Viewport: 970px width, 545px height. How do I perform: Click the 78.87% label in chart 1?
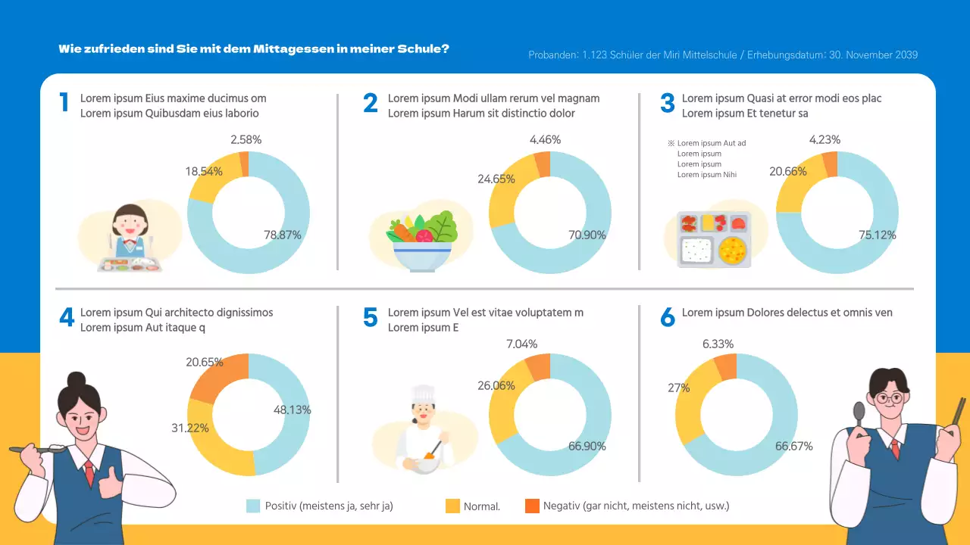tap(283, 235)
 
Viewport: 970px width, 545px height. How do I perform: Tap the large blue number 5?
tap(370, 317)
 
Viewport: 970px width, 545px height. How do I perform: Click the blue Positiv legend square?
tap(254, 506)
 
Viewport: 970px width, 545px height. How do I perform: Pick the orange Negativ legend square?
tap(532, 506)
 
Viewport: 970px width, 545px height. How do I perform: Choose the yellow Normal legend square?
tap(452, 506)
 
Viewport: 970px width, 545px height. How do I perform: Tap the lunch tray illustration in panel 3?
tap(713, 239)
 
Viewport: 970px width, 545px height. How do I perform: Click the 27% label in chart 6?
tap(679, 388)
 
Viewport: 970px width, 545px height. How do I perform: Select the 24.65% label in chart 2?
tap(496, 179)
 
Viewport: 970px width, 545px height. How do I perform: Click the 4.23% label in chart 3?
tap(824, 139)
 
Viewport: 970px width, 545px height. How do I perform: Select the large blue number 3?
tap(667, 103)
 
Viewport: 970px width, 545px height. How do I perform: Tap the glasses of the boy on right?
tap(887, 397)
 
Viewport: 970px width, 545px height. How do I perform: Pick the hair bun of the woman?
tap(77, 379)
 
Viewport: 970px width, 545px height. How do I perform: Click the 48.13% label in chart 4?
tap(293, 410)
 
